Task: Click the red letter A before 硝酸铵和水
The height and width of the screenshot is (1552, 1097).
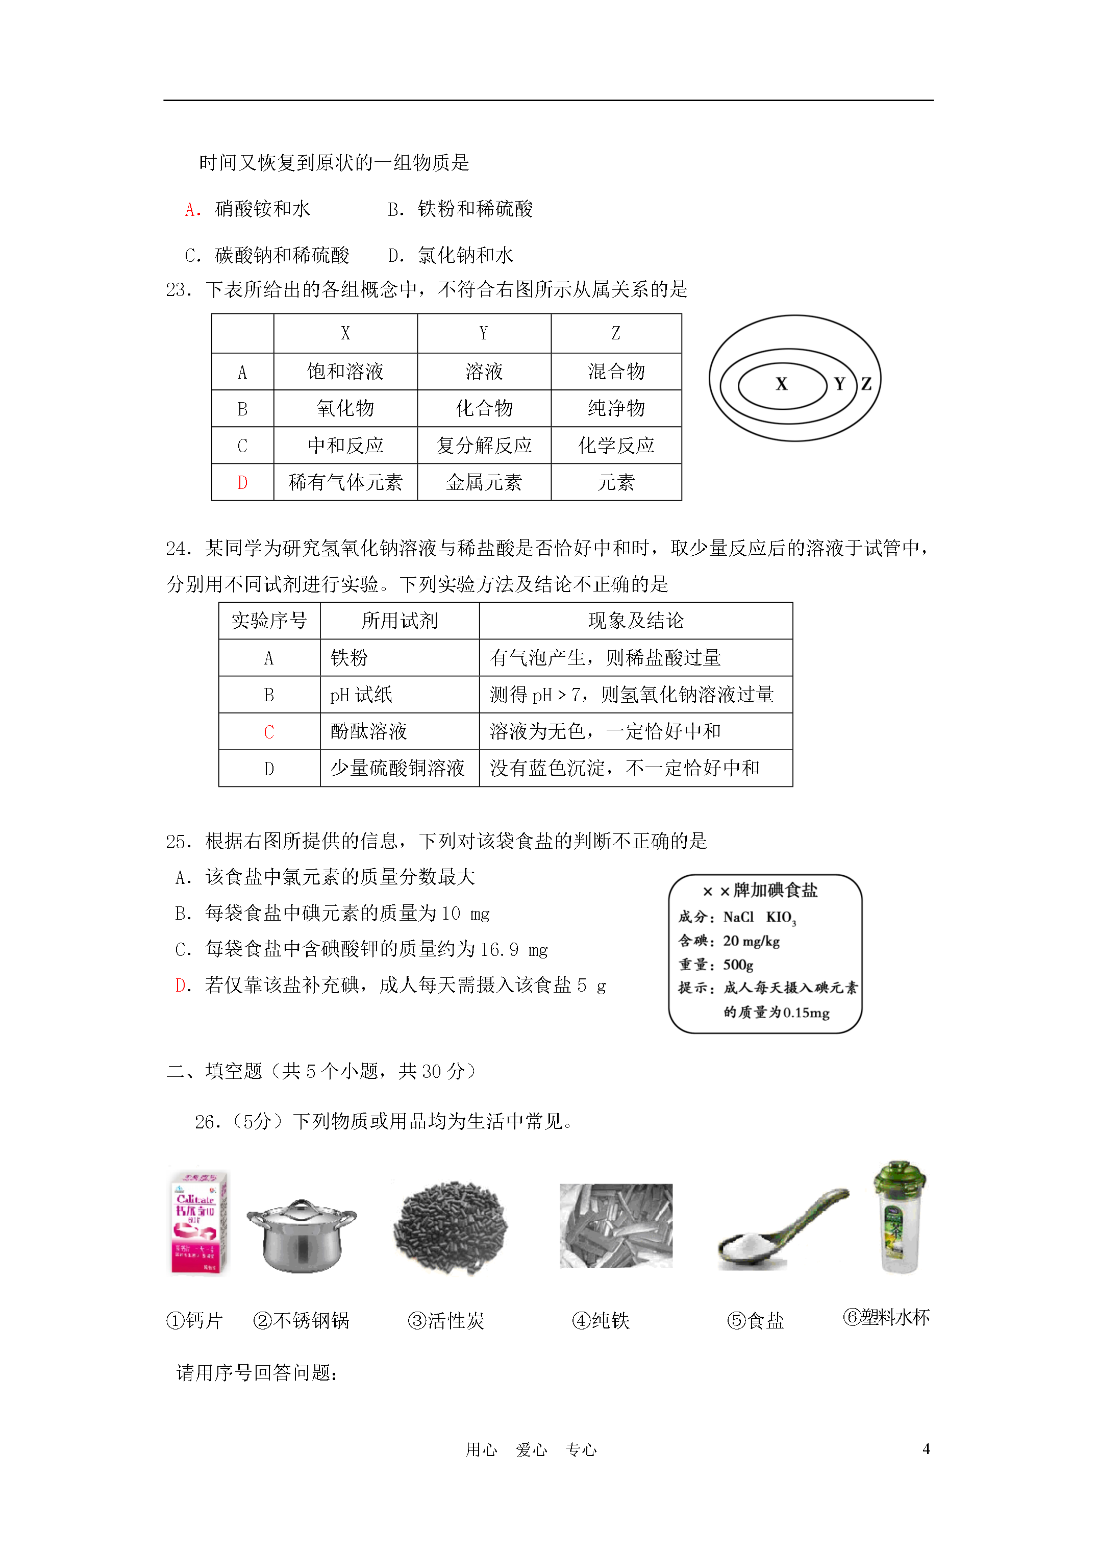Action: [191, 210]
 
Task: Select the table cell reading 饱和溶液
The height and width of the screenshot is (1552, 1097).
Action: [345, 371]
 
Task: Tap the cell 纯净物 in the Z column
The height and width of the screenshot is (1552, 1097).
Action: [616, 408]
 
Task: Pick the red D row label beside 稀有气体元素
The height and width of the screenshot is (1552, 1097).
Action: [242, 483]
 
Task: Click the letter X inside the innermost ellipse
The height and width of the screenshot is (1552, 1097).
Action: [781, 384]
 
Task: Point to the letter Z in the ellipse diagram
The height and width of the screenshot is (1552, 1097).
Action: [866, 384]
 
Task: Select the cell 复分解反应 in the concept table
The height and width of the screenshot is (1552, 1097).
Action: [484, 446]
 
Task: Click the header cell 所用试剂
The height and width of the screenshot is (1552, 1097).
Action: [400, 621]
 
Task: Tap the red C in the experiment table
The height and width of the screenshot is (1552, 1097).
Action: [269, 732]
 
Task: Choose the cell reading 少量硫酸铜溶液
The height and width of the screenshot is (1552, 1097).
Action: [397, 769]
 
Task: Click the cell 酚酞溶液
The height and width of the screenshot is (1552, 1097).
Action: [368, 731]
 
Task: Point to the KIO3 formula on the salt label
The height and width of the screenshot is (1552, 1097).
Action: [781, 917]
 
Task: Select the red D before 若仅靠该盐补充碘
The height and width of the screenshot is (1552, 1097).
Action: [181, 986]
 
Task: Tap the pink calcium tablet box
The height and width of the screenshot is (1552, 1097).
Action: [198, 1223]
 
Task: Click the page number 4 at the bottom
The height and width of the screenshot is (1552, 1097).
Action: [926, 1449]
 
